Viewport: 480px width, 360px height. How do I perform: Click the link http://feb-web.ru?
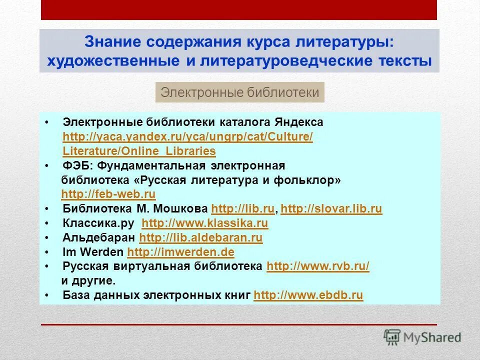pos(108,194)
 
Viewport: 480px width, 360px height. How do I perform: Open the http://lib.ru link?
pos(243,209)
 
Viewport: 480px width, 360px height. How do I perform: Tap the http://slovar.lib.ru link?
pos(331,209)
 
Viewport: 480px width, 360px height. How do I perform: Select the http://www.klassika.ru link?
pos(205,223)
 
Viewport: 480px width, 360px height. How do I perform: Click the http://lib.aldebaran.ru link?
pos(200,237)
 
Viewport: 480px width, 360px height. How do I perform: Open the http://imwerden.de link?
pos(180,252)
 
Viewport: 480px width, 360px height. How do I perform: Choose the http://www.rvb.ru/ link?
pos(318,266)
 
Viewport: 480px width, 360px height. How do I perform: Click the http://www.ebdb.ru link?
pos(308,295)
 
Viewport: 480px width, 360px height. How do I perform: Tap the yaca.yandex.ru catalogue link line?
pos(187,137)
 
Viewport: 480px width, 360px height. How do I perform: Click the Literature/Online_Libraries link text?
pos(139,151)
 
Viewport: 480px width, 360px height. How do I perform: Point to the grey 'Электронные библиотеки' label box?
pos(240,92)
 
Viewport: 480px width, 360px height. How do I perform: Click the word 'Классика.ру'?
pos(100,223)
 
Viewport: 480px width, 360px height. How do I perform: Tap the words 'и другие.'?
pos(88,281)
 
